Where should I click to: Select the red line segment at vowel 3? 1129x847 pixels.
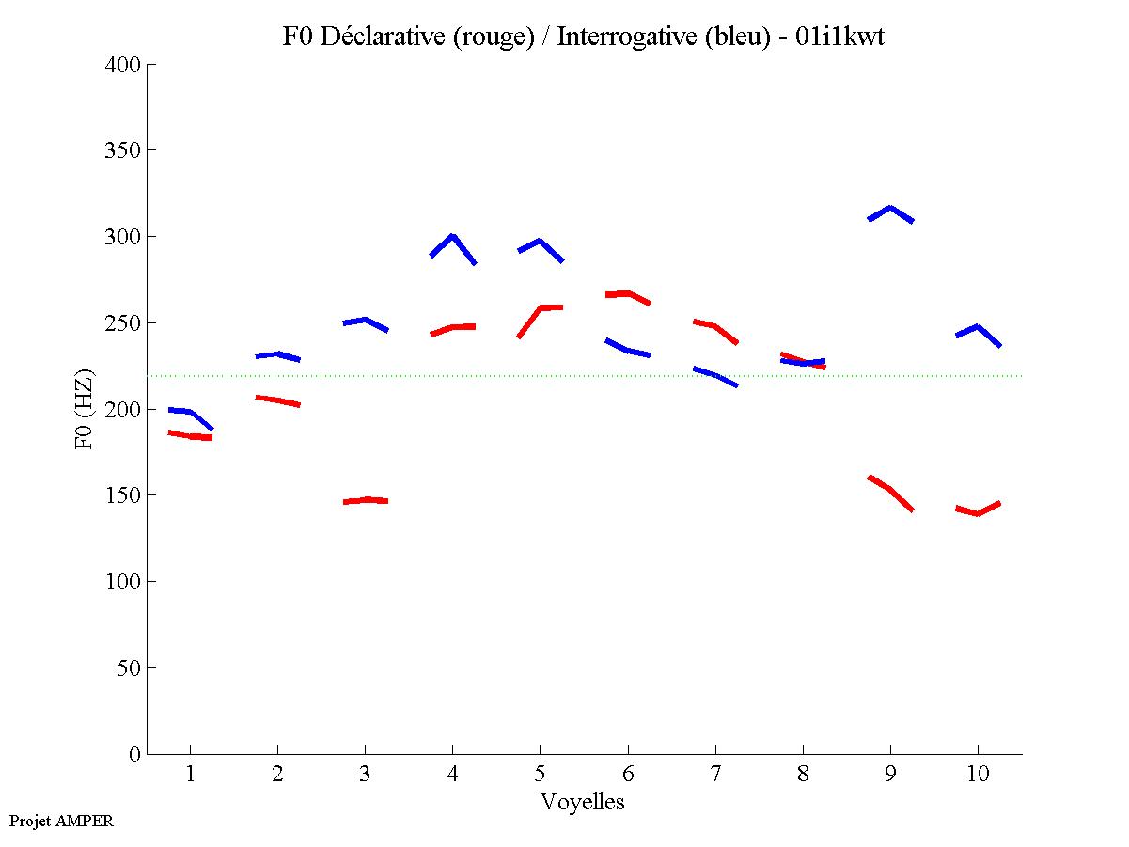(x=366, y=500)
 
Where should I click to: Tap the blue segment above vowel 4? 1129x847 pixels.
(x=452, y=237)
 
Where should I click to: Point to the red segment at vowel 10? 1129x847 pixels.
(x=978, y=512)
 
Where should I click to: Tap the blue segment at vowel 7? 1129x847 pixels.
(x=715, y=375)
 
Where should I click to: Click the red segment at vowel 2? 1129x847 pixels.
(x=278, y=400)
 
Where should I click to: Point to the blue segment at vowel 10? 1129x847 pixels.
(x=978, y=327)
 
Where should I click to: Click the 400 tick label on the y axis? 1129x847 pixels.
(x=125, y=65)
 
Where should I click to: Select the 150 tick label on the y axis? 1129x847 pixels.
(x=125, y=495)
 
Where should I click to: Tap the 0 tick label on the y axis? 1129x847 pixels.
(x=135, y=754)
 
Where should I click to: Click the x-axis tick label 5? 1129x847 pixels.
(x=540, y=775)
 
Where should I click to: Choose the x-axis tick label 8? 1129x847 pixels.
(x=803, y=775)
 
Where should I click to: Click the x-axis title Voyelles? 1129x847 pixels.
(x=583, y=802)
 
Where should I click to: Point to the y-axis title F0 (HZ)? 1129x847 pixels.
(x=85, y=409)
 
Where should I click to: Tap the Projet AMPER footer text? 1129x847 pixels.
(x=61, y=821)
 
